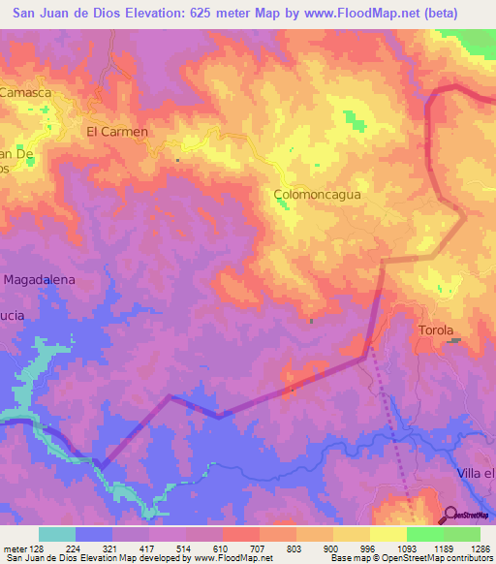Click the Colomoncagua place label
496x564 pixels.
click(x=317, y=194)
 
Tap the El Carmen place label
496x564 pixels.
click(x=117, y=132)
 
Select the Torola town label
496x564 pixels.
click(x=436, y=330)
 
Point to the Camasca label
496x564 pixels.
click(x=24, y=93)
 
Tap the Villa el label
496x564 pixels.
click(x=476, y=472)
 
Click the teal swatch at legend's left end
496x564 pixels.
click(x=56, y=534)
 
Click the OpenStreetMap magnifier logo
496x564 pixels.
click(x=449, y=515)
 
